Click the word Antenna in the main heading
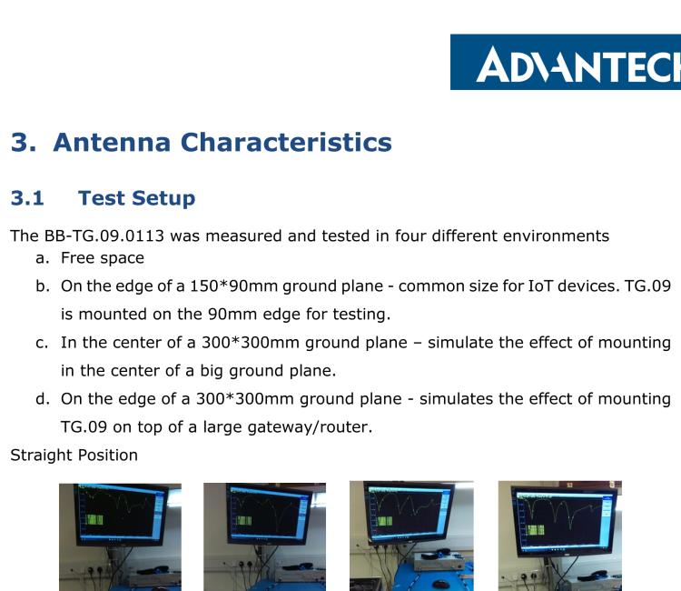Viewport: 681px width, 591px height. tap(119, 142)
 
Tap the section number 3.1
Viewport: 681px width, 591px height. tap(27, 197)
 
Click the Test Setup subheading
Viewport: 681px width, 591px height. tap(136, 197)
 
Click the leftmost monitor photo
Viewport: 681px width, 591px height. tap(119, 536)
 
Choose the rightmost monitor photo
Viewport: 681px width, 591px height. tap(559, 536)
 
